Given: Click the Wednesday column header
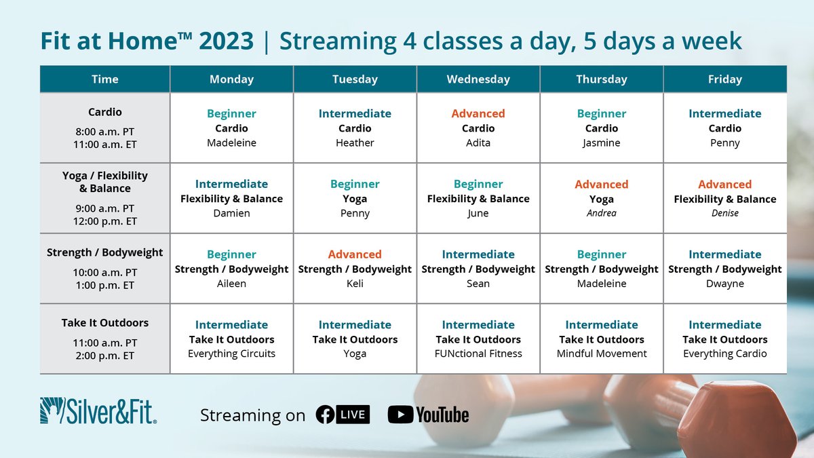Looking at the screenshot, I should [478, 79].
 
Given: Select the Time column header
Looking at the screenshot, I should [104, 79].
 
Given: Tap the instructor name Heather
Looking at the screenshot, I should [355, 143].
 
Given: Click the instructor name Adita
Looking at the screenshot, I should [478, 143].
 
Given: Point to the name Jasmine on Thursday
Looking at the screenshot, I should [602, 143].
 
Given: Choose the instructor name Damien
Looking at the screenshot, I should [231, 214].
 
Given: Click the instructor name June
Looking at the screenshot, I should [478, 214].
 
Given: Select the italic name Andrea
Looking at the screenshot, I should [602, 214].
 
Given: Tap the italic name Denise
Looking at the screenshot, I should [725, 214].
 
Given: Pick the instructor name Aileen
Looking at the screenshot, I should [231, 284].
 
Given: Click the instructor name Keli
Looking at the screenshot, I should [355, 284].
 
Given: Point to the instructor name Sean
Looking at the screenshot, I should [478, 284].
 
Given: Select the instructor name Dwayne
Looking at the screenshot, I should [725, 284].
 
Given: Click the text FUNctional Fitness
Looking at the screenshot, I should [478, 354].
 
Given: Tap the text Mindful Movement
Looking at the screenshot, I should [602, 354].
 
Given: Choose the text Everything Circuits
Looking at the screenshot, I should [231, 354].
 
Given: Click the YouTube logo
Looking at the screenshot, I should [429, 414].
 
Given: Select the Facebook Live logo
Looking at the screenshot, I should [343, 414].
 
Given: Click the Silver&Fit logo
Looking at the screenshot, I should [98, 411].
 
